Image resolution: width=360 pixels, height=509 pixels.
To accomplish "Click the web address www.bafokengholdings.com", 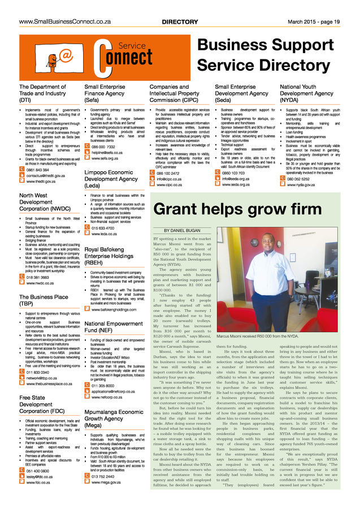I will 114,309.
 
